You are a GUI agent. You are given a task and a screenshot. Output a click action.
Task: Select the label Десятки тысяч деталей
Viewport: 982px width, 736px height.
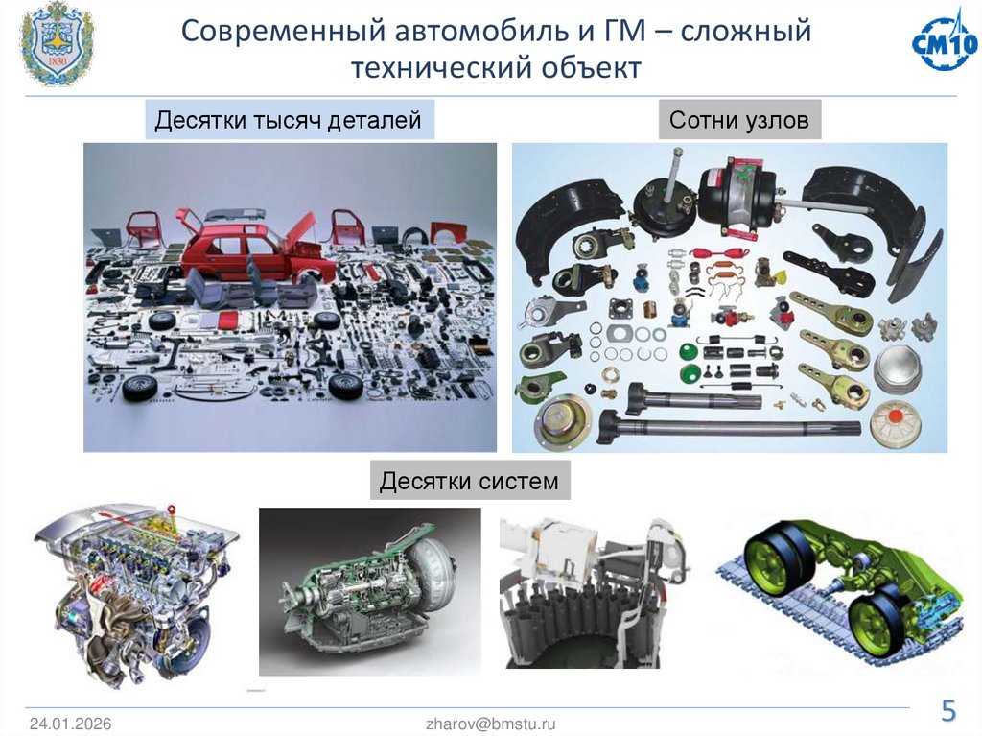coord(289,121)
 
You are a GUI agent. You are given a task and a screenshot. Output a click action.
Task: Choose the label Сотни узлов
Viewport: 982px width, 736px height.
coord(739,121)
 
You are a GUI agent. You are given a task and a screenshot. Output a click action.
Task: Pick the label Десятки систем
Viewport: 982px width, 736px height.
coord(469,480)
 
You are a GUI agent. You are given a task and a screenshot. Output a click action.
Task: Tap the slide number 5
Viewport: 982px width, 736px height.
coord(947,711)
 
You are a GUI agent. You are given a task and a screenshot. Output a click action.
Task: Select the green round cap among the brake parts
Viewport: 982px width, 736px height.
coord(688,350)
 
